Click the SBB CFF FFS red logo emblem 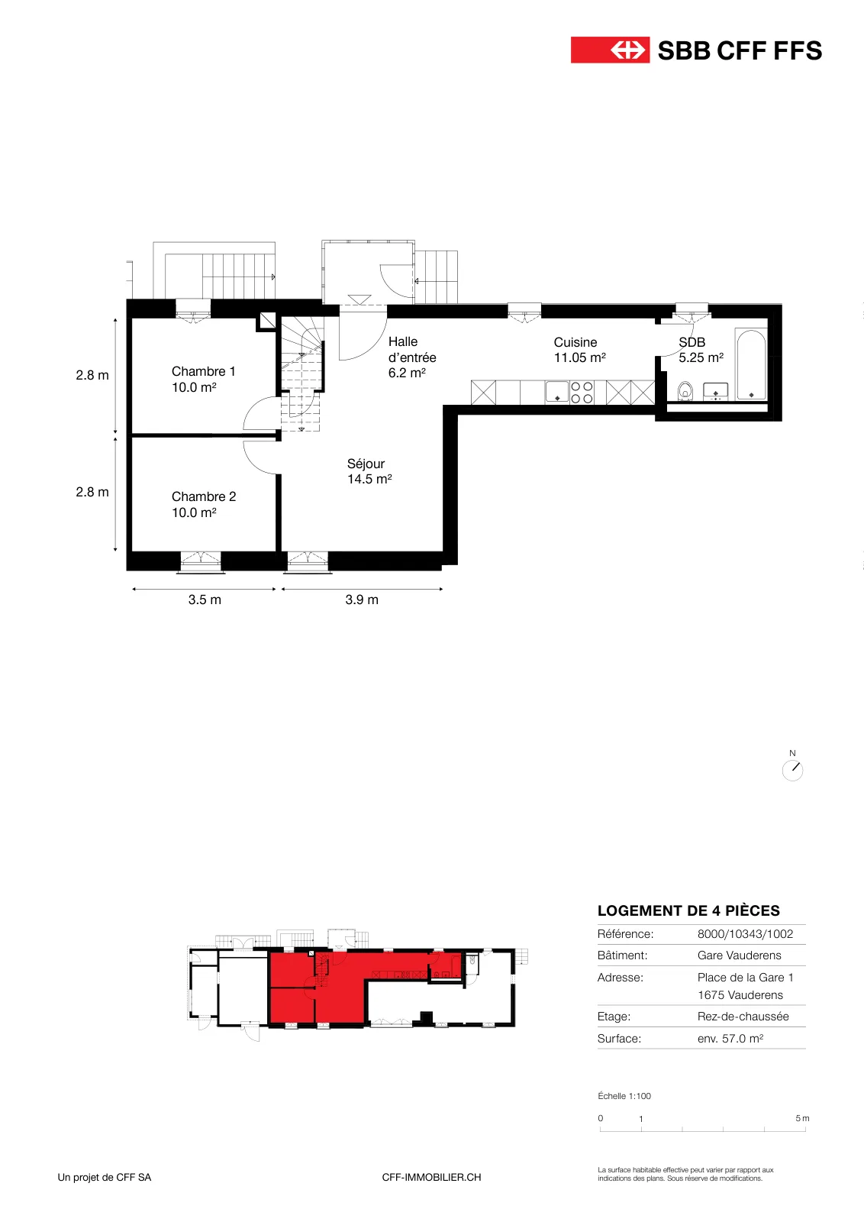(610, 50)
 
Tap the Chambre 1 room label (203, 379)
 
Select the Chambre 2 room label (204, 505)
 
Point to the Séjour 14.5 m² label (369, 471)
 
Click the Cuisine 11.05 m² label (580, 350)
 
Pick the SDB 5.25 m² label (701, 350)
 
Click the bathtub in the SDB (750, 364)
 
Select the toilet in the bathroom (685, 391)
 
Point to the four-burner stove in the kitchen (582, 393)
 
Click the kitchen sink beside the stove (557, 393)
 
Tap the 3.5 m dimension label (205, 600)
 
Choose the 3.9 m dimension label (362, 600)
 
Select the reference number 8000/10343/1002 (745, 933)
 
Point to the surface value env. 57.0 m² (730, 1038)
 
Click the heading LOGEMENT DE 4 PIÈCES (688, 910)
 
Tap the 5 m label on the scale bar (802, 1118)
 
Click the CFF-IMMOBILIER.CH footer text (431, 1177)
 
